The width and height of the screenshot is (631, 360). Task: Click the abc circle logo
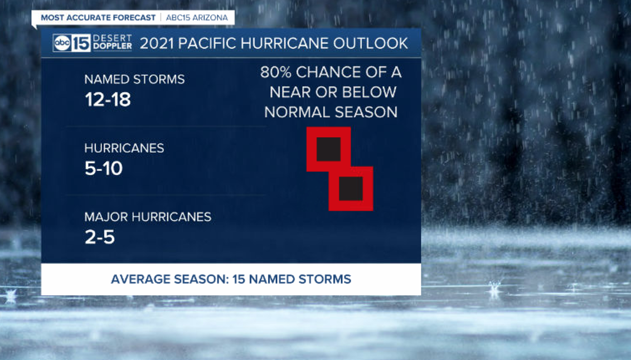coord(62,43)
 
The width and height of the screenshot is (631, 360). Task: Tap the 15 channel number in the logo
coord(81,43)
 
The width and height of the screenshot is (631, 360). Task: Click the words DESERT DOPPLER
coord(112,42)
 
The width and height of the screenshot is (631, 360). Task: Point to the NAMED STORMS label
coord(134,79)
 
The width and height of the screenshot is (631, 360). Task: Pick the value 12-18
coord(108,99)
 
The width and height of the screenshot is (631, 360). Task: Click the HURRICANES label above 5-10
coord(124,148)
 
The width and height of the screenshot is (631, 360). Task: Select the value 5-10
coord(104,168)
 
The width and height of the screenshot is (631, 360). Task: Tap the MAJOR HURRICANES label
coord(148,217)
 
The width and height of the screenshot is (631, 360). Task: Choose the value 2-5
coord(100,237)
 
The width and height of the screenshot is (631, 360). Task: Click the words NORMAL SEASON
coord(331,112)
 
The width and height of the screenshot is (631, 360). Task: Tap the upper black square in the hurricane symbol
coord(328,149)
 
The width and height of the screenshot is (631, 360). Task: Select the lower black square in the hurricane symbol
coord(351,189)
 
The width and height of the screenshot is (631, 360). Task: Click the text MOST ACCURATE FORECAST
coord(98,18)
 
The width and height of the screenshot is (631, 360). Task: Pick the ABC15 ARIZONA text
coord(197,18)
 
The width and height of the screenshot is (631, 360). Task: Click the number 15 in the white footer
coord(239,279)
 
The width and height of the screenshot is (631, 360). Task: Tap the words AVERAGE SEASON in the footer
coord(169,279)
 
